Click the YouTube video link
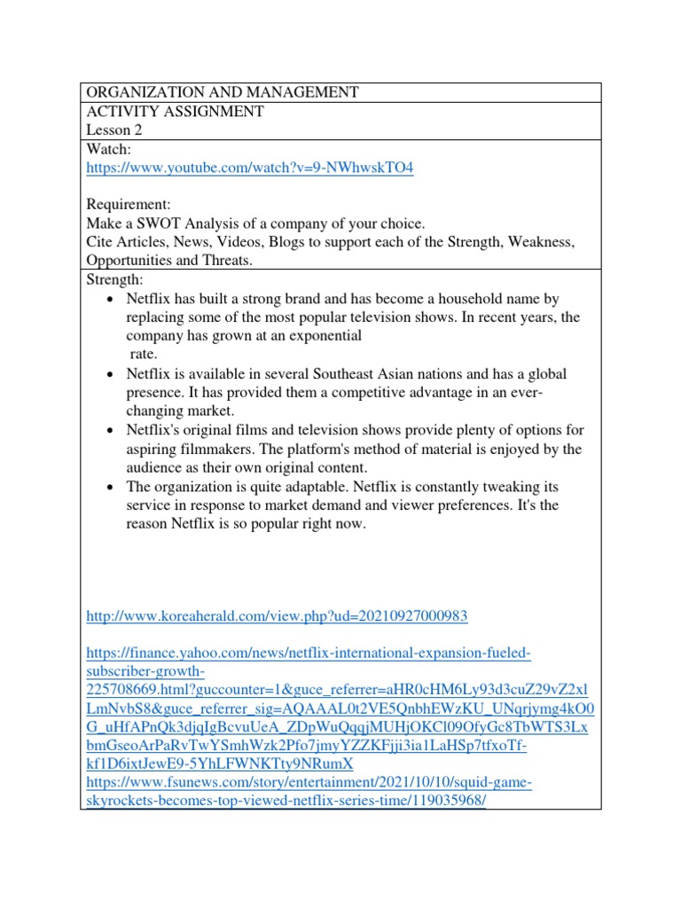click(249, 168)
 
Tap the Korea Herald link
click(276, 615)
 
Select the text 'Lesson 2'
click(113, 129)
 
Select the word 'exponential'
click(320, 336)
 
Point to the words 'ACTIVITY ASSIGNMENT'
click(174, 111)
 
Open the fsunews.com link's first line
click(308, 783)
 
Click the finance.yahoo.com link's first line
click(308, 654)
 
